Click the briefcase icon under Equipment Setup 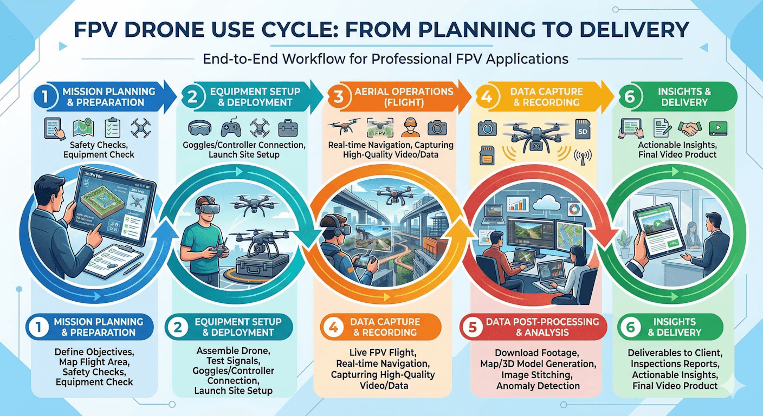287,128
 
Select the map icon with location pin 85,127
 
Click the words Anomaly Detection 538,386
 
